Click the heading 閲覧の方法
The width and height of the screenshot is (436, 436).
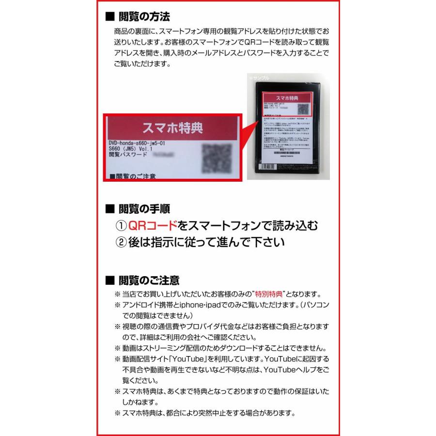point(144,16)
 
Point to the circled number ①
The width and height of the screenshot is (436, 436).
point(121,226)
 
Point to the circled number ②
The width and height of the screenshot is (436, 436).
point(121,242)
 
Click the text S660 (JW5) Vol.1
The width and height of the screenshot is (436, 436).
point(131,149)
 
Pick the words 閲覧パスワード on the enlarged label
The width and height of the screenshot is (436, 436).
point(128,156)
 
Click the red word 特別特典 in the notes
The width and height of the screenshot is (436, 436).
point(267,295)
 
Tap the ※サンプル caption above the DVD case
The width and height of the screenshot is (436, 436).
point(259,78)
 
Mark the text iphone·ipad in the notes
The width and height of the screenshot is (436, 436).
point(198,306)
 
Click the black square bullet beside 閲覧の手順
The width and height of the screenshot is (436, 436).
point(109,209)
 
